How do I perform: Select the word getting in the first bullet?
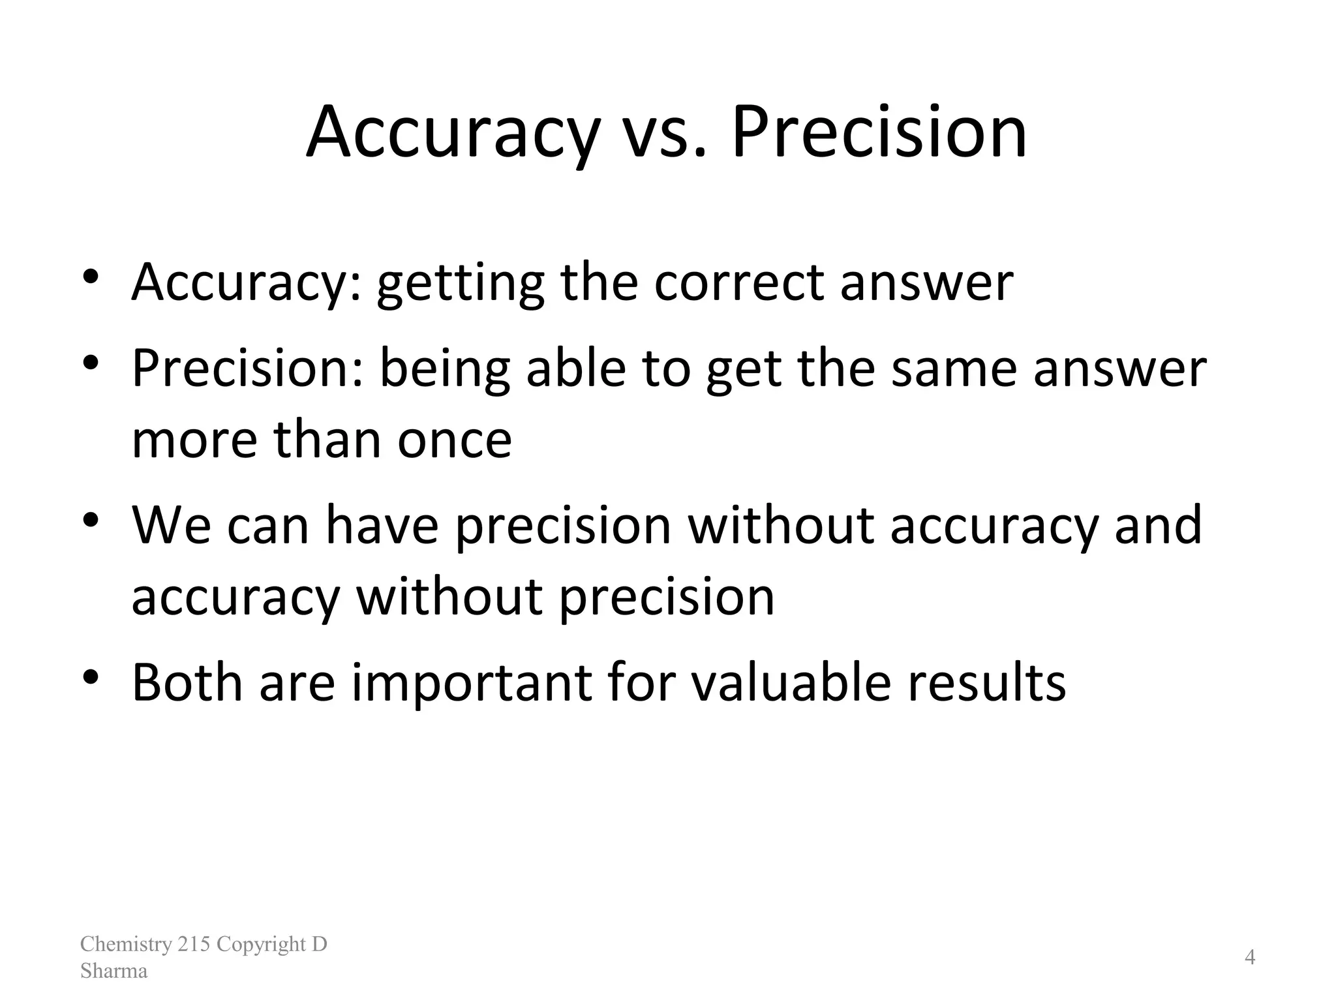point(461,284)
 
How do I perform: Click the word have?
point(382,525)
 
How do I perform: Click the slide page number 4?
point(1250,957)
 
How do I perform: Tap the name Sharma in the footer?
point(114,971)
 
